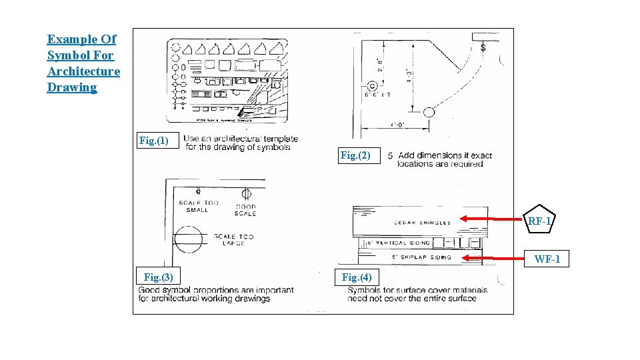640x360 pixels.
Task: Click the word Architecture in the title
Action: [x=83, y=71]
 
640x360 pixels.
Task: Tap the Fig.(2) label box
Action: [x=359, y=155]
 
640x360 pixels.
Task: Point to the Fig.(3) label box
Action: [x=158, y=277]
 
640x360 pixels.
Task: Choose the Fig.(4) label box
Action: [x=357, y=277]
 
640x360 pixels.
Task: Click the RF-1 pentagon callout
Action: [x=539, y=221]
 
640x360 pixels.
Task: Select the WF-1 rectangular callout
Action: [x=547, y=259]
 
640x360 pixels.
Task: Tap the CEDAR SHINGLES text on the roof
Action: [x=422, y=223]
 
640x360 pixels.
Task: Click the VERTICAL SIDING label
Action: [x=404, y=243]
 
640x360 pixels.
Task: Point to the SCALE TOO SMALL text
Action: [x=198, y=206]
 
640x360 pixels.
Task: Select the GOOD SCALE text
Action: [x=245, y=210]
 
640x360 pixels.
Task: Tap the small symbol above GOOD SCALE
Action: [x=245, y=194]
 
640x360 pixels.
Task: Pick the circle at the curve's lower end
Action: [x=429, y=112]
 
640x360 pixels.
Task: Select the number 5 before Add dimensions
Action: [x=390, y=155]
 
